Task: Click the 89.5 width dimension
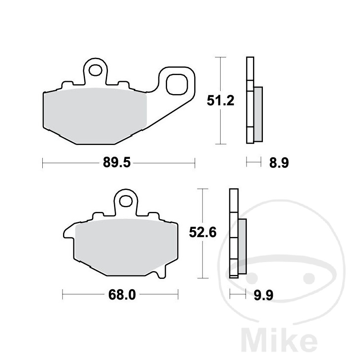coord(117,162)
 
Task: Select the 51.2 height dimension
coord(221,101)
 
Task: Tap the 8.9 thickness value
coord(279,163)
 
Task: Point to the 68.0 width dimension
coord(122,294)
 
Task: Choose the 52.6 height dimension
coord(203,233)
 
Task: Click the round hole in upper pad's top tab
coord(95,70)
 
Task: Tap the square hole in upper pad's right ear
coord(177,84)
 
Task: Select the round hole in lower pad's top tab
coord(126,201)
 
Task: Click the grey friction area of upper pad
coord(95,116)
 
